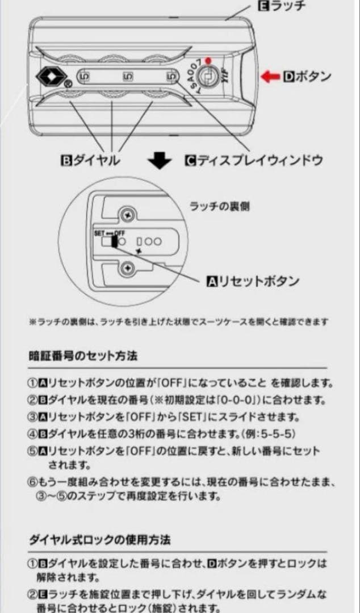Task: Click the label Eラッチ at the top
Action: tap(282, 7)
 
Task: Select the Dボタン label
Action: tap(307, 77)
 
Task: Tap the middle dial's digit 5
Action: tap(125, 76)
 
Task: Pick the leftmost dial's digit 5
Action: tap(83, 76)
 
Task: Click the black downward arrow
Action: tap(160, 162)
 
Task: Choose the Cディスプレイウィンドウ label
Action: tap(253, 161)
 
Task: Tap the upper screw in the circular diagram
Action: tap(127, 215)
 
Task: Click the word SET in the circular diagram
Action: tap(99, 233)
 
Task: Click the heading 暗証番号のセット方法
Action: tap(83, 356)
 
